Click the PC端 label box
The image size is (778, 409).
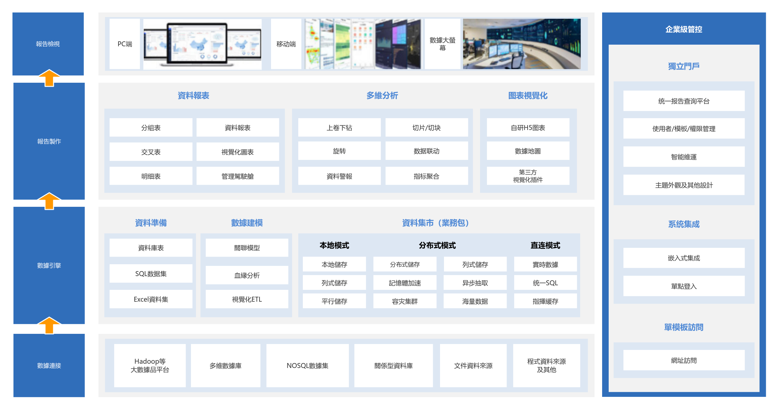(125, 44)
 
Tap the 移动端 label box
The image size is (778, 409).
(286, 44)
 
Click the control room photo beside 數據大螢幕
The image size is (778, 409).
(522, 44)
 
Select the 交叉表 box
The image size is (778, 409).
(151, 152)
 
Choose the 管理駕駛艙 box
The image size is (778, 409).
(238, 176)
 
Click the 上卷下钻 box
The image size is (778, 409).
(339, 128)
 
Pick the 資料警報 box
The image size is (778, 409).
(339, 176)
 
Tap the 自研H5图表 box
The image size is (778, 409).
(528, 128)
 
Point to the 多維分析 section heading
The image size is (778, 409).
(382, 96)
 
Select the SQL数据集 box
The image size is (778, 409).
(151, 274)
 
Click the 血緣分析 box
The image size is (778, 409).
(247, 275)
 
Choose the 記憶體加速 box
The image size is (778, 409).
(405, 283)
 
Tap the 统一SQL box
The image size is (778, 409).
(545, 283)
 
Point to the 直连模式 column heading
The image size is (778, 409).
(545, 246)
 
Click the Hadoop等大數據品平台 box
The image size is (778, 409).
(150, 365)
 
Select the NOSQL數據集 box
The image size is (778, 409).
(307, 365)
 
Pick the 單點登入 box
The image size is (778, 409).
(684, 286)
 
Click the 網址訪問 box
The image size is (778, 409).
(684, 360)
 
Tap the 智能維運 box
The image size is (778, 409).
(684, 157)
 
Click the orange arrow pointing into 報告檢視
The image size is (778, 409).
(49, 78)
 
